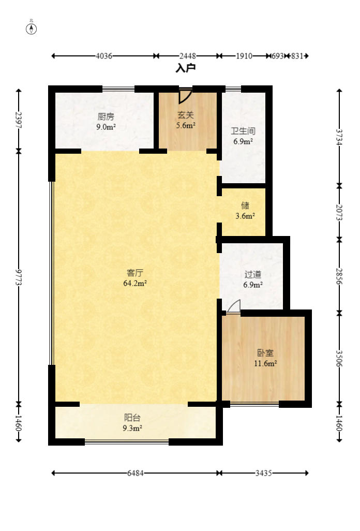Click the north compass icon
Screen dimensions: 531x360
32,28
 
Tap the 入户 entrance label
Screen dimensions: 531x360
186,68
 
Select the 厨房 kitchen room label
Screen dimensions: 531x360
106,116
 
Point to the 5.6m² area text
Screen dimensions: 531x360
186,125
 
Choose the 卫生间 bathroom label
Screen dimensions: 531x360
243,131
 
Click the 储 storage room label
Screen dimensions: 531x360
245,205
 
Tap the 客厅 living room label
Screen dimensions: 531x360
135,273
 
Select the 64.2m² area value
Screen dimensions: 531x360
135,283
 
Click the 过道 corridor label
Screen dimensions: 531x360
253,274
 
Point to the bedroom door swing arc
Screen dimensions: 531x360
233,306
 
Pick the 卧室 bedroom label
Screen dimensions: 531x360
265,353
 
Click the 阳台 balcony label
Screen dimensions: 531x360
132,418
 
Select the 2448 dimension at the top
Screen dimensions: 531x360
187,56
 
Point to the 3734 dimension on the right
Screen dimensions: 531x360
339,137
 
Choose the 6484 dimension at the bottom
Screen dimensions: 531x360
135,473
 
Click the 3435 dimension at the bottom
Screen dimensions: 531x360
263,473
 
